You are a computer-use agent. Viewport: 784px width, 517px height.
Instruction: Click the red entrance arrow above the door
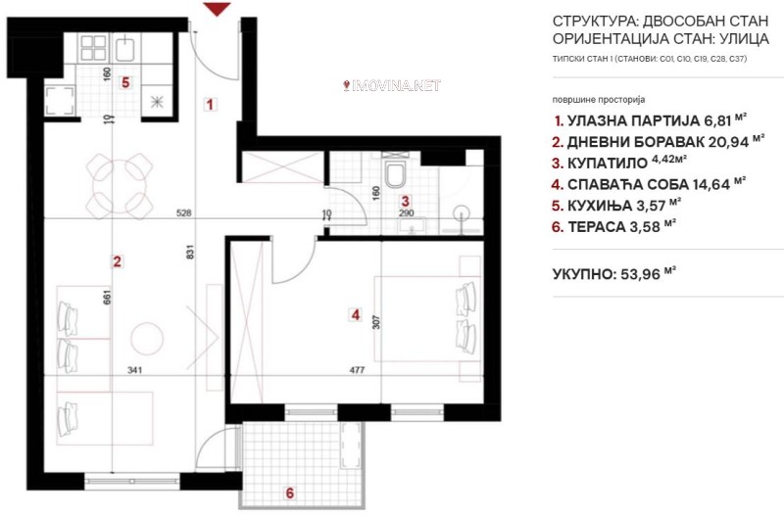217,9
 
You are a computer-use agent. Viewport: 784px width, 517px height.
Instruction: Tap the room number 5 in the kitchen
125,82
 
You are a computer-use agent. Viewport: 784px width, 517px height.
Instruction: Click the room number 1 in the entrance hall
210,105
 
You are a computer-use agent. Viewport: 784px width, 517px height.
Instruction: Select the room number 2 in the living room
117,261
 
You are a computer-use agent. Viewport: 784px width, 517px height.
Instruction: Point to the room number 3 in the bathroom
406,202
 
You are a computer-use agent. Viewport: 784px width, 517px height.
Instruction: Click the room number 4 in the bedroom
355,314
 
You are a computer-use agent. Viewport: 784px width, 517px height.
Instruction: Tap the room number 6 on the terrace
289,493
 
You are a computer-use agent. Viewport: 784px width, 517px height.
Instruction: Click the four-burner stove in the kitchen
93,48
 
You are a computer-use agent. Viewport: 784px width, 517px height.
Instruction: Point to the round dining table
120,186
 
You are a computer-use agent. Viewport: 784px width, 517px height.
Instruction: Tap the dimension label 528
184,213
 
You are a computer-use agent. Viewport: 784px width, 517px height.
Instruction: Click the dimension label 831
190,252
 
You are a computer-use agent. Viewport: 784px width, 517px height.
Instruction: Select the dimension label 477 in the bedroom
357,370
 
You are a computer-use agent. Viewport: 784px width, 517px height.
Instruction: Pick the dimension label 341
135,370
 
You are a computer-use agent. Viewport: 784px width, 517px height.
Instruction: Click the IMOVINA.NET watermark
392,85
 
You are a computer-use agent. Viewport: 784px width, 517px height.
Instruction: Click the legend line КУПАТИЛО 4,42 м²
618,163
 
